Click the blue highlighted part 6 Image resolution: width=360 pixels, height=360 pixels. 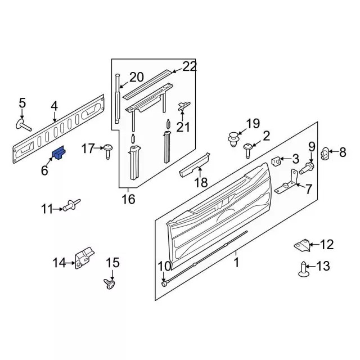60,152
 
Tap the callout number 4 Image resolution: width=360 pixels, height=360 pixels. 54,106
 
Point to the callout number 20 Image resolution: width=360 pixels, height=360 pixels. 137,77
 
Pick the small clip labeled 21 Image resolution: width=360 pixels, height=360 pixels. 183,106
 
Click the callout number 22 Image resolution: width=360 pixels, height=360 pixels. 190,66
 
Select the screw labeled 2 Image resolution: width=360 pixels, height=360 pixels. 248,148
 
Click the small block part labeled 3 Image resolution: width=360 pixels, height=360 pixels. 277,161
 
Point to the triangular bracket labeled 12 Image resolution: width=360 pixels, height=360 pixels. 301,245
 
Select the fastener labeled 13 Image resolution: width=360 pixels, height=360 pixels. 304,271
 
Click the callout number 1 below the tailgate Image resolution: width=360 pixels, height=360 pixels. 236,262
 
